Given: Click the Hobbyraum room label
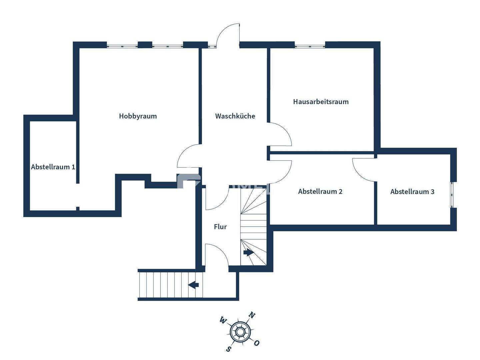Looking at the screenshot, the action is coord(138,116).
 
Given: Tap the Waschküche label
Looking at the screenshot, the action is coord(235,116).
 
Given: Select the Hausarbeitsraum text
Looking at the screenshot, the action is coord(321,102).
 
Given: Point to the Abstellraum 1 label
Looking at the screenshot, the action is coord(53,167).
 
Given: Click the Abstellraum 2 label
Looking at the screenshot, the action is coord(320,191).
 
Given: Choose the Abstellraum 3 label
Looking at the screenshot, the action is coord(412,192).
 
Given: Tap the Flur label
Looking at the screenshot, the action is coord(220,227).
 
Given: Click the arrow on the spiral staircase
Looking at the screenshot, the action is coord(248,252).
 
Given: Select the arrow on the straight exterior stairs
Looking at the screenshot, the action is coord(194,285).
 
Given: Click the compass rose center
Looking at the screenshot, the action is coord(240,332).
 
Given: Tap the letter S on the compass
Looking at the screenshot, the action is coord(228,349).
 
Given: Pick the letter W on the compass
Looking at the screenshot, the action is coord(222,321).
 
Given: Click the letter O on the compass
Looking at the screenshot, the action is coord(256,343).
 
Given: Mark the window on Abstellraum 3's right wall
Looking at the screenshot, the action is coord(453,195).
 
